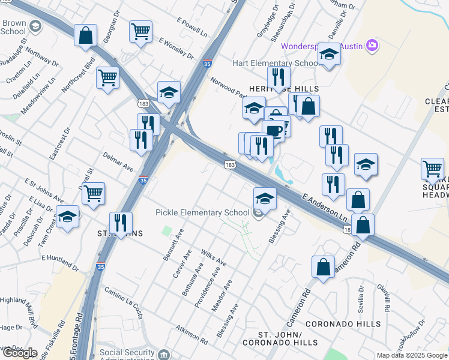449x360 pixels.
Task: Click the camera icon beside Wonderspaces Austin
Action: click(x=372, y=46)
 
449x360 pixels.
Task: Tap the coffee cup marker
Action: click(x=273, y=130)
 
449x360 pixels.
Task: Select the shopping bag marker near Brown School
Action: click(x=85, y=35)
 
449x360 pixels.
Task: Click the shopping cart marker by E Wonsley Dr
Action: click(x=140, y=31)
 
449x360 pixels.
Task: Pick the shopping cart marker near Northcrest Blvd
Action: click(x=107, y=77)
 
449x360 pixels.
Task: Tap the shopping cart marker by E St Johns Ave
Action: click(x=93, y=194)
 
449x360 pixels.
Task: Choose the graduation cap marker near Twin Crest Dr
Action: click(x=67, y=217)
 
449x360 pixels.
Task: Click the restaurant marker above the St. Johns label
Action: click(x=121, y=223)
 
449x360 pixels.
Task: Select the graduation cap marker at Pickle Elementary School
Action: click(x=265, y=198)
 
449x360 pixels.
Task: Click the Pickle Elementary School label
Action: click(x=202, y=212)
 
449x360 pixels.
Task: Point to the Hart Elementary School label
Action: click(x=267, y=63)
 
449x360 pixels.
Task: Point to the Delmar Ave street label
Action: click(x=118, y=162)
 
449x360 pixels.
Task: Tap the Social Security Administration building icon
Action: click(x=163, y=353)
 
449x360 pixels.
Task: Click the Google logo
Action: click(x=20, y=353)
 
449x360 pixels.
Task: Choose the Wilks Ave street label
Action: click(x=214, y=258)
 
